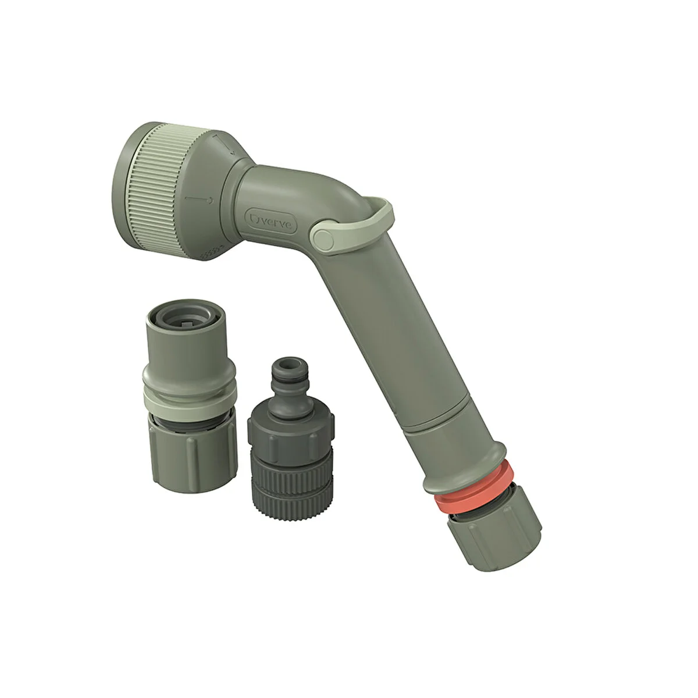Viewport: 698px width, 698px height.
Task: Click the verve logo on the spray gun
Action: (x=270, y=221)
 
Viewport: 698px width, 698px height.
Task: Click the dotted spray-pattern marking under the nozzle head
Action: (x=211, y=252)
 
